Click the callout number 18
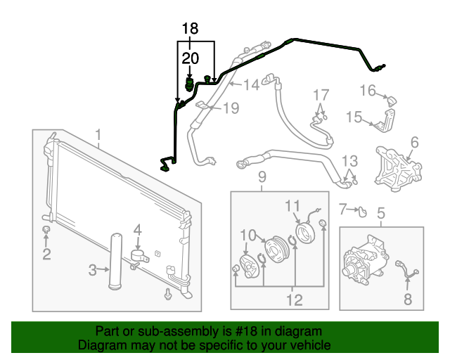click(190, 29)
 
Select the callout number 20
click(190, 58)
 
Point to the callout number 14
click(250, 86)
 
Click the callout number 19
click(231, 108)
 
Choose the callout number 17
click(321, 95)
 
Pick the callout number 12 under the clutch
click(293, 300)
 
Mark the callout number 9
click(262, 176)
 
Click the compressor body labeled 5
click(360, 266)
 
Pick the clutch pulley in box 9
click(274, 250)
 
